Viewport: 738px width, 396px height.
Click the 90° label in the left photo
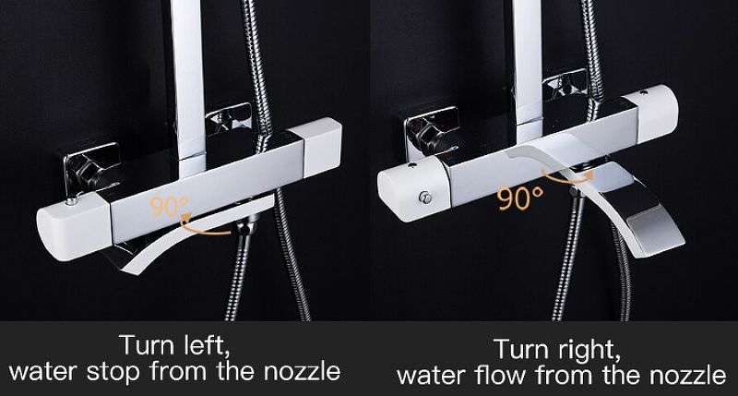(169, 206)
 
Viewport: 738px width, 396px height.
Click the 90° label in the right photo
(520, 198)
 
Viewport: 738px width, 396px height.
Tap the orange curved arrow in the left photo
(205, 225)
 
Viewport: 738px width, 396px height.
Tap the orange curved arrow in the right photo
(567, 177)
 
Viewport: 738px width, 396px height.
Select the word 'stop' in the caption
(113, 372)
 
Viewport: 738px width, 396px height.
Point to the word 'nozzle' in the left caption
(302, 371)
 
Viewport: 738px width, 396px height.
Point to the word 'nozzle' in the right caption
(687, 376)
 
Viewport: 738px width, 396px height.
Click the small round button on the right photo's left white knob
(425, 198)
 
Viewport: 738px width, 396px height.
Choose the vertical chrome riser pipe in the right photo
(528, 71)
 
